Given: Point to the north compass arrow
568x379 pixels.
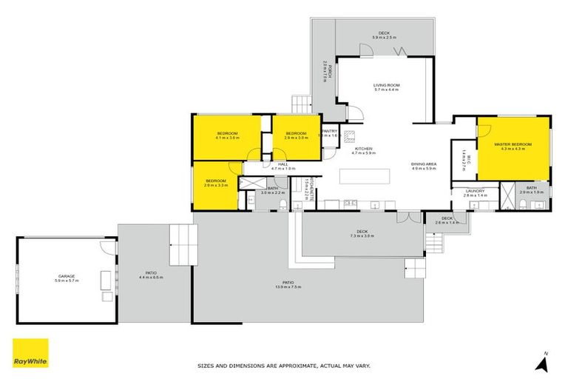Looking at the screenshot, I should [x=544, y=362].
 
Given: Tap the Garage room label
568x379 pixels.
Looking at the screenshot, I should [x=65, y=278].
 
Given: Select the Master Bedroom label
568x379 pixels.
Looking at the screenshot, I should [x=513, y=146].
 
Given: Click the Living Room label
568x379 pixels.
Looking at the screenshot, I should [x=386, y=87].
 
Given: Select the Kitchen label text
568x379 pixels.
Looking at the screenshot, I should [x=365, y=150].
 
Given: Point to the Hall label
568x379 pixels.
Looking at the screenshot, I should [x=282, y=167].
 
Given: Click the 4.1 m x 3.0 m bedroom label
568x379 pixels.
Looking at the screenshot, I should [x=227, y=135].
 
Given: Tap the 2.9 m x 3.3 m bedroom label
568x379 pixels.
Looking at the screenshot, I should [x=216, y=183].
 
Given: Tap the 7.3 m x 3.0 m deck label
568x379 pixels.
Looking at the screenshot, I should [x=362, y=234].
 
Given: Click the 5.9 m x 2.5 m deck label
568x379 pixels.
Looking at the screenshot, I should [x=384, y=35].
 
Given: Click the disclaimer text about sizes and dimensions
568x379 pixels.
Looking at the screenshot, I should [x=283, y=366].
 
